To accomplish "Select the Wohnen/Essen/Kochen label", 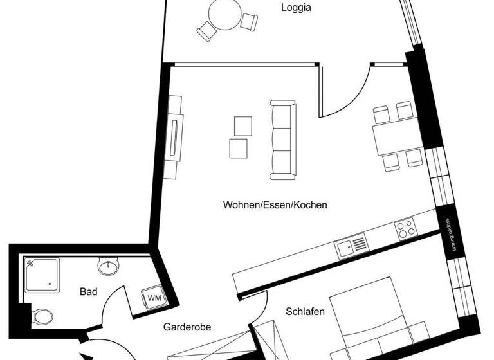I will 275,205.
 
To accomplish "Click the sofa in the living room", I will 282,139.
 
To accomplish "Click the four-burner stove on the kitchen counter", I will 405,227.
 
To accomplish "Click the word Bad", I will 89,292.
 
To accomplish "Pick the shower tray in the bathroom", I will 42,276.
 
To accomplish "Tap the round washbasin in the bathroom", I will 109,265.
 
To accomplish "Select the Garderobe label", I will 187,327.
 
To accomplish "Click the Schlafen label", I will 304,312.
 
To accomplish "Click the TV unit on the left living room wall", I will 175,137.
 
